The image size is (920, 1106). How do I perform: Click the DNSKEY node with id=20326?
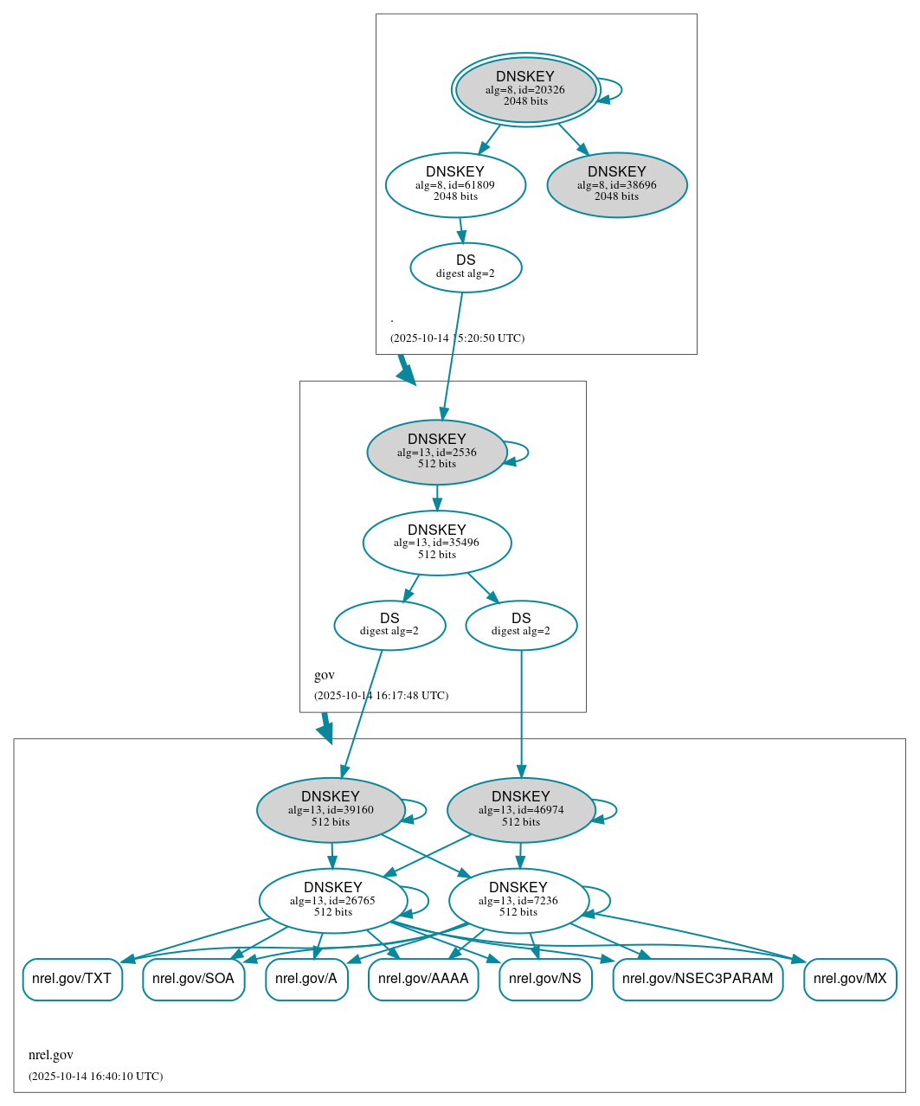click(x=525, y=89)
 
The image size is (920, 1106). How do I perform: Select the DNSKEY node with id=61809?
click(x=455, y=184)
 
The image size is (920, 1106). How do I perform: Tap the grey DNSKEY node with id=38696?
click(x=616, y=184)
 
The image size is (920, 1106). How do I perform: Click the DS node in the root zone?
click(x=466, y=267)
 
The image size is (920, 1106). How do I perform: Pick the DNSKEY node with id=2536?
click(x=436, y=452)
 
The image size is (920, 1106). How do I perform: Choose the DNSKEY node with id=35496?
click(x=436, y=543)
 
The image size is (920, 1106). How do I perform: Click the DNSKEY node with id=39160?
click(x=331, y=809)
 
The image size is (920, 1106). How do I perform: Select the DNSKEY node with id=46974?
click(x=520, y=809)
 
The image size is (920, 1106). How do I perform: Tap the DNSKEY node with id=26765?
click(x=332, y=900)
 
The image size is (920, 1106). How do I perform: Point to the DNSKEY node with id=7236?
click(x=518, y=900)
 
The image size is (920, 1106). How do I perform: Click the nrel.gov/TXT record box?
click(x=72, y=979)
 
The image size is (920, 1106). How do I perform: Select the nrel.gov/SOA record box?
click(x=193, y=979)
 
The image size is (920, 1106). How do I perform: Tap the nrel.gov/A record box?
click(x=306, y=979)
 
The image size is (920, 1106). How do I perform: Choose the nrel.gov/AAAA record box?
click(x=423, y=979)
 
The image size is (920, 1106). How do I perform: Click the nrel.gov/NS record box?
click(x=545, y=979)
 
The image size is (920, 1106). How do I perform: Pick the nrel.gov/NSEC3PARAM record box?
click(x=698, y=979)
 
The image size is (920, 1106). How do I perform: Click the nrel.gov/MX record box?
click(x=850, y=979)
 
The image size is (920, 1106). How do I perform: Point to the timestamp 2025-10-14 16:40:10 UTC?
click(x=95, y=1077)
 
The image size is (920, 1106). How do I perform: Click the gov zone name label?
click(x=325, y=675)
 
